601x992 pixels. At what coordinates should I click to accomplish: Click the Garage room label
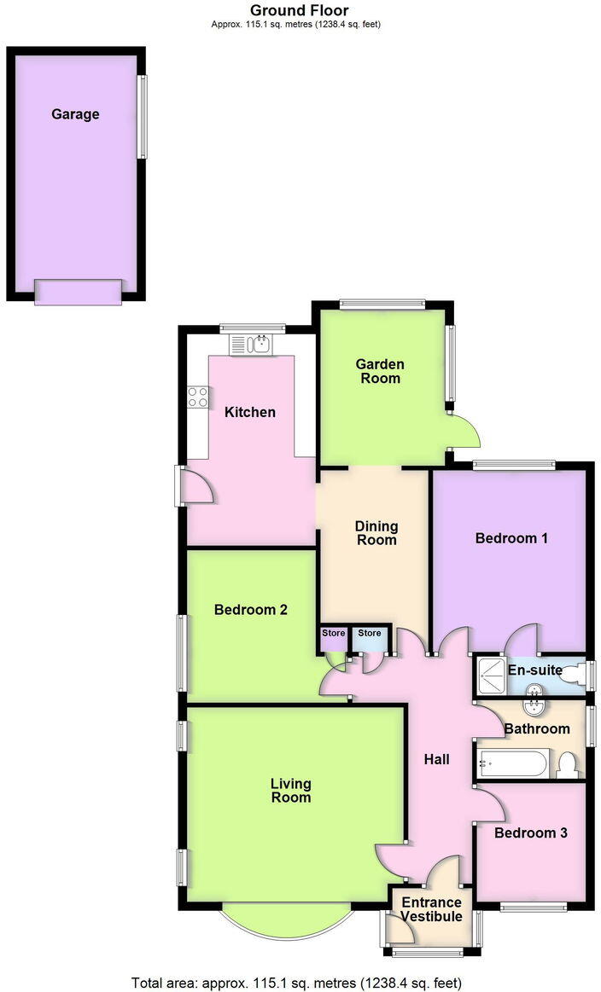pyautogui.click(x=75, y=114)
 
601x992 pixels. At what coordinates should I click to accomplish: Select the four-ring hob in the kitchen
pyautogui.click(x=198, y=397)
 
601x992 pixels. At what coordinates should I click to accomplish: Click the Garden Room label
pyautogui.click(x=380, y=371)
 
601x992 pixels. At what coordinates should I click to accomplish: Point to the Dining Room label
pyautogui.click(x=376, y=533)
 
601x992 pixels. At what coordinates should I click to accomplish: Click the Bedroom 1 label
pyautogui.click(x=511, y=538)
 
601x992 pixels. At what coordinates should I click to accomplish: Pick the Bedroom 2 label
pyautogui.click(x=250, y=610)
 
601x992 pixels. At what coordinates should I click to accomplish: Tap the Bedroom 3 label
pyautogui.click(x=530, y=832)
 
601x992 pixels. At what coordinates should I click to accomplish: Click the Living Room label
pyautogui.click(x=290, y=791)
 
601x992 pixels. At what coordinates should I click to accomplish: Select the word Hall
pyautogui.click(x=436, y=759)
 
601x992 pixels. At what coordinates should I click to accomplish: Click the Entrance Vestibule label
pyautogui.click(x=432, y=909)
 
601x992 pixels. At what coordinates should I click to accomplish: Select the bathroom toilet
pyautogui.click(x=567, y=765)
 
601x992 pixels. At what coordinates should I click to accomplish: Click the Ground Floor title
pyautogui.click(x=299, y=10)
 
